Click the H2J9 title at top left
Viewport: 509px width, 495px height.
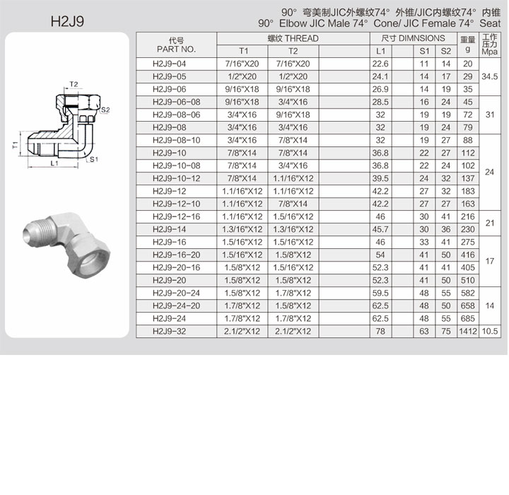pos(67,21)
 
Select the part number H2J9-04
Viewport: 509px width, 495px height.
pos(169,64)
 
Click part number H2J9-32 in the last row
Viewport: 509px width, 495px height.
pos(169,332)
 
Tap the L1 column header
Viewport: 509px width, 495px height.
pos(380,52)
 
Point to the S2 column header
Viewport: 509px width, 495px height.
pos(445,52)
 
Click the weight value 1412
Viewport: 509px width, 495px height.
pos(468,332)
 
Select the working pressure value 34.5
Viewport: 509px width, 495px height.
pos(489,76)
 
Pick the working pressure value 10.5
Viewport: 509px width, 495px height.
pos(489,332)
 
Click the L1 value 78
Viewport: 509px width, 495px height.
pos(380,332)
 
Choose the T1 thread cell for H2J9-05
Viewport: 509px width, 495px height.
pos(242,76)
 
